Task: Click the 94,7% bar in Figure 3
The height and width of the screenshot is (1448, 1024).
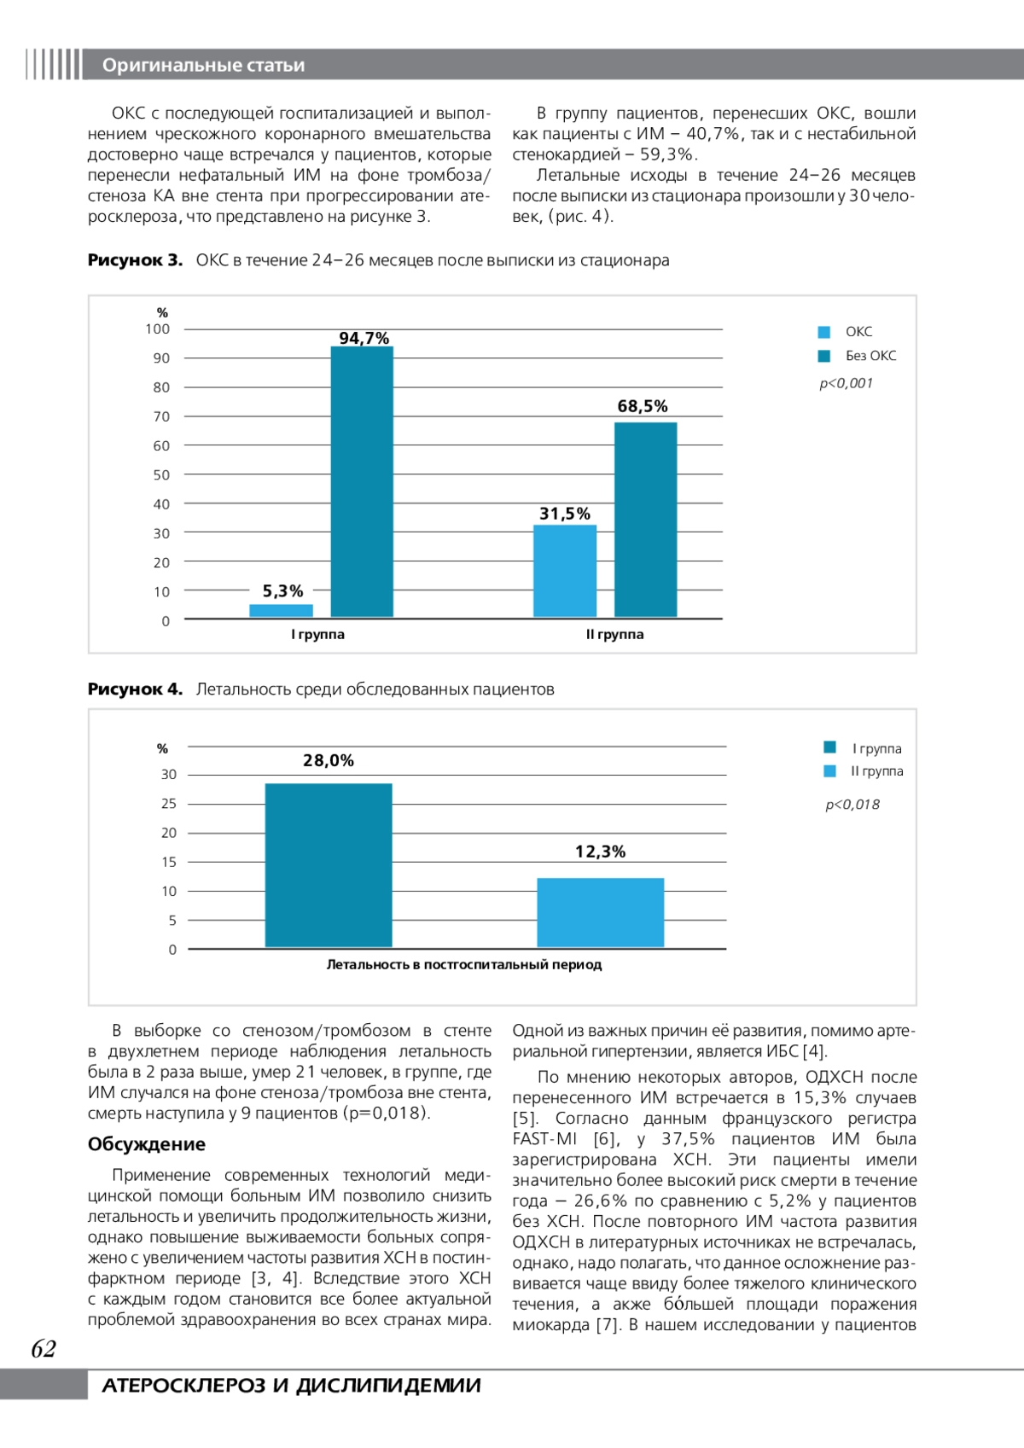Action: pos(362,481)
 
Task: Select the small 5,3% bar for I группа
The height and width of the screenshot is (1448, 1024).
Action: pos(281,610)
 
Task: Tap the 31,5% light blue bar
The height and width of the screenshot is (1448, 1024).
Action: pos(565,570)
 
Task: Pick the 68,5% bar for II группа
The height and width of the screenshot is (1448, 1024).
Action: pos(645,519)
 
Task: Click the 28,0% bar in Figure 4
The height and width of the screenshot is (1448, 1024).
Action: pos(329,864)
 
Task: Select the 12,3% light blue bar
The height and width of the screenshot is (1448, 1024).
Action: pos(600,912)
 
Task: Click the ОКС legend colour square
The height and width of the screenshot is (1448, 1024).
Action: pos(824,332)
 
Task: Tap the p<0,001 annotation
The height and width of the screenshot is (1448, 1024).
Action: pos(846,383)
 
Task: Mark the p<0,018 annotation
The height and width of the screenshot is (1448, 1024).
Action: pos(852,804)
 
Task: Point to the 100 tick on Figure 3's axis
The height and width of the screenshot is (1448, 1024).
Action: pos(158,329)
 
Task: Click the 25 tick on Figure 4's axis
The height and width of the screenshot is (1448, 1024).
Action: pos(169,804)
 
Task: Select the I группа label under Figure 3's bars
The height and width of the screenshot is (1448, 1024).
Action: pos(317,634)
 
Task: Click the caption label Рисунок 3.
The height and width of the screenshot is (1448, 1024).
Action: pos(135,260)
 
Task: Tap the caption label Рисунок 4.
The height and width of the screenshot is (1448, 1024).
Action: pos(135,689)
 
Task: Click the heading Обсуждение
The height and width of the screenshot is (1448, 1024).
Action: pos(147,1144)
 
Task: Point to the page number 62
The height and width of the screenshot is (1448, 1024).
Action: pos(44,1349)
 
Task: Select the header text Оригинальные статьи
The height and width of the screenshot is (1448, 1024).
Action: pos(203,65)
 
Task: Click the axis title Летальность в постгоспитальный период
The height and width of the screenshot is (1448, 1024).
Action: pos(463,965)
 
